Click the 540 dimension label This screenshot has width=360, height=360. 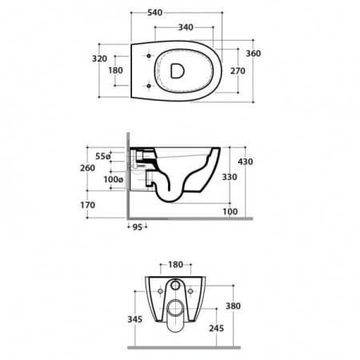tap(154, 13)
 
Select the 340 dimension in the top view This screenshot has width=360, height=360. tap(186, 27)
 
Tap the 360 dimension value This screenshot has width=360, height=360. tap(253, 54)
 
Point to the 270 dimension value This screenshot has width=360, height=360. tap(238, 71)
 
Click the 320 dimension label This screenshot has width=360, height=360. tap(99, 58)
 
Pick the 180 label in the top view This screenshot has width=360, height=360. tap(115, 70)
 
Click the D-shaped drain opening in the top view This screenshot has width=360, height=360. tap(177, 71)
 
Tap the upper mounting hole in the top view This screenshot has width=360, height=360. tap(149, 56)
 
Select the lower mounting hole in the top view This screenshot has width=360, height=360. tap(149, 86)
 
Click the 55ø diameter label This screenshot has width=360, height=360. tap(103, 156)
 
